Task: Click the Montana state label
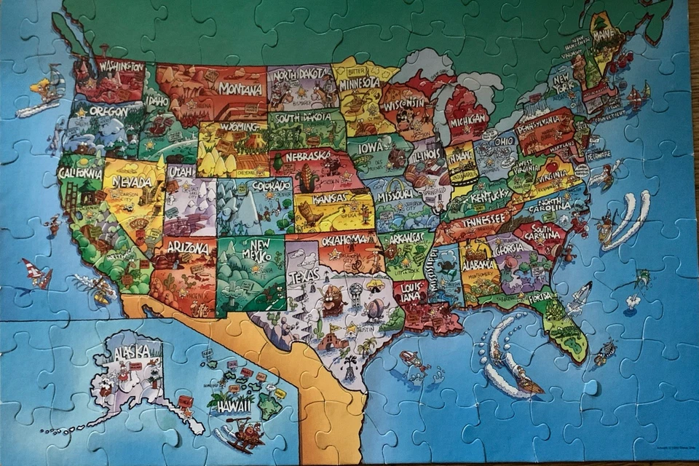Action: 240,90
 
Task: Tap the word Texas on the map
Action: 304,277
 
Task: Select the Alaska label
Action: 132,353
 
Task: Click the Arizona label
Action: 188,248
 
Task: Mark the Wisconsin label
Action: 405,103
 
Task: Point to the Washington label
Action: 122,66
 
